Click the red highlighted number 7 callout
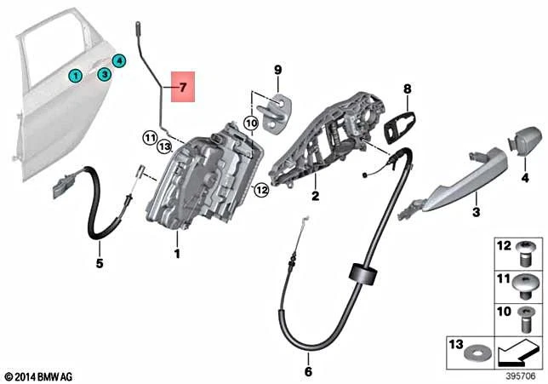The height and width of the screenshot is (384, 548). [x=183, y=87]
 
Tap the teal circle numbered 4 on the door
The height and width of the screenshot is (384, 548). [x=119, y=60]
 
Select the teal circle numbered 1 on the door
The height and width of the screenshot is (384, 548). [x=76, y=76]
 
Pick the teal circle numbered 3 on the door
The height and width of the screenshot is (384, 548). [x=103, y=75]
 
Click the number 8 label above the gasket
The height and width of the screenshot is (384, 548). [x=407, y=89]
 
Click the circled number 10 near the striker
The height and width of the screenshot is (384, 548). [x=250, y=123]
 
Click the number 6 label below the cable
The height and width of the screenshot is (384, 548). [x=308, y=371]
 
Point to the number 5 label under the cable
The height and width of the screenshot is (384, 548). [x=99, y=263]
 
